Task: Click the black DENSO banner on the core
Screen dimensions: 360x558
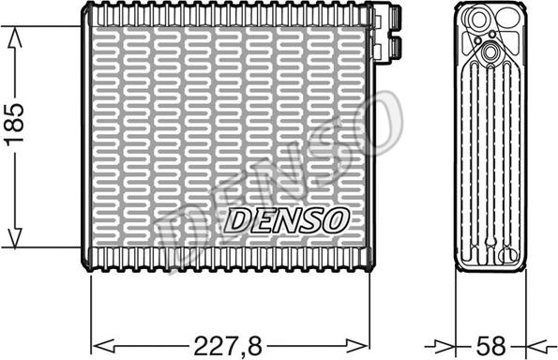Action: point(286,219)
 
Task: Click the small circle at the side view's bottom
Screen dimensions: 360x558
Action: point(507,251)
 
